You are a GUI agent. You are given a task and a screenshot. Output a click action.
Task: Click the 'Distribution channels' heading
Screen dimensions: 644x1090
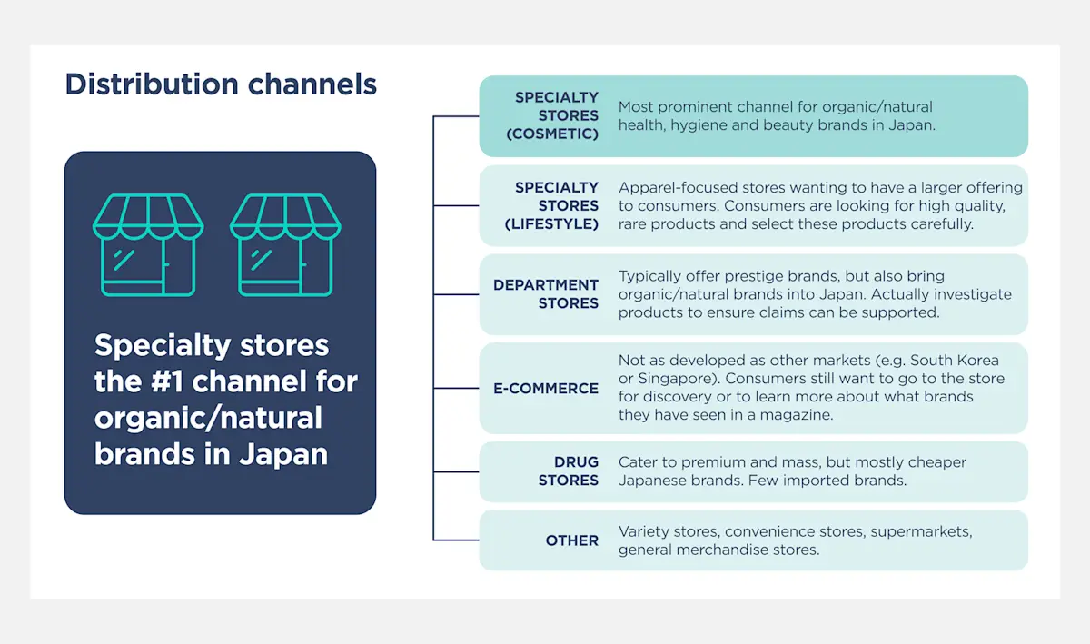coord(221,84)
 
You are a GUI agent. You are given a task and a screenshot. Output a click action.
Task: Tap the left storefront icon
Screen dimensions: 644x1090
coord(148,245)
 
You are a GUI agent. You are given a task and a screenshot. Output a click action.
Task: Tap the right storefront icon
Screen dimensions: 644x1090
coord(285,245)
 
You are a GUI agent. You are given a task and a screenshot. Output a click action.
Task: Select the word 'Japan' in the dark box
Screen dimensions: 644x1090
coord(283,453)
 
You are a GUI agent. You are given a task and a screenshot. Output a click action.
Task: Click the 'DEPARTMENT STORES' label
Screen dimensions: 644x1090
coord(546,294)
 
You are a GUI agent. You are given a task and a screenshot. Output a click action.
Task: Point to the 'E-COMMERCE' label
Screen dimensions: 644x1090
coord(546,388)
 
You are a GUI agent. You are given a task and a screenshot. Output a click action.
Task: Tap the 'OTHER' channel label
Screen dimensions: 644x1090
coord(572,540)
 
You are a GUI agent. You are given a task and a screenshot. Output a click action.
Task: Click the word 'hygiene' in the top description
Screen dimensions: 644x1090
coord(699,125)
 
